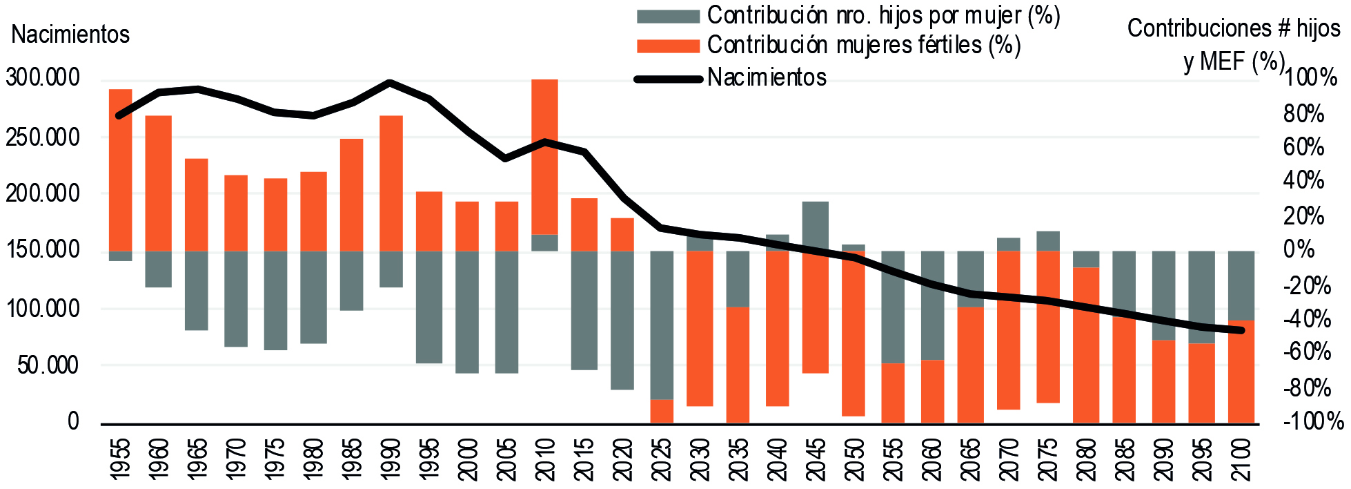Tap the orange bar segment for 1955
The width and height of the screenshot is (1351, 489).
[120, 170]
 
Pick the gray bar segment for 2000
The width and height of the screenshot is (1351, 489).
[466, 311]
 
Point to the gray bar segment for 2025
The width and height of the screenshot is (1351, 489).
[662, 325]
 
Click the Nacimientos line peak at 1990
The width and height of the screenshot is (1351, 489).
[391, 83]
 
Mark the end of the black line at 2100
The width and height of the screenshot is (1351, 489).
[1241, 330]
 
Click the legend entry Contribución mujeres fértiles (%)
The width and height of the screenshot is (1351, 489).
[863, 46]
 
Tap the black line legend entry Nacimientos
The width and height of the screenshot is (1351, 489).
[767, 77]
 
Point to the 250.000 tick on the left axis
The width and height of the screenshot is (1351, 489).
[43, 137]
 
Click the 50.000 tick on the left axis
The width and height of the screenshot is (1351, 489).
[48, 365]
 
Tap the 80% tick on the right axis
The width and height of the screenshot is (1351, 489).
[1303, 113]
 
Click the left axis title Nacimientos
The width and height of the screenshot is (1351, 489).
[70, 35]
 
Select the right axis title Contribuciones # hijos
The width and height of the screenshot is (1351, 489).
[1234, 28]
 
